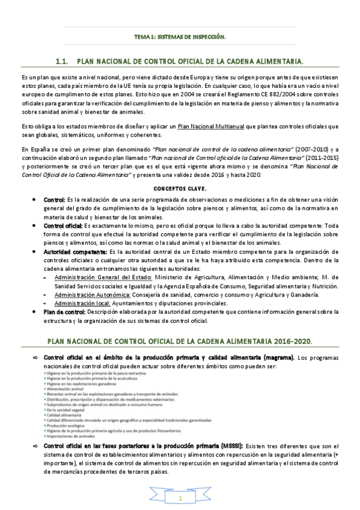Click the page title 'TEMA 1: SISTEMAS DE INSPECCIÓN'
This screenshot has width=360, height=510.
click(x=180, y=37)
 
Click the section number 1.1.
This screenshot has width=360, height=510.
click(x=63, y=61)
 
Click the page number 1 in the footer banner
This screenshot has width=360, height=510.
click(x=180, y=499)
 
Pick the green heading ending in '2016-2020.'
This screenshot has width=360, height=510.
click(x=179, y=341)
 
